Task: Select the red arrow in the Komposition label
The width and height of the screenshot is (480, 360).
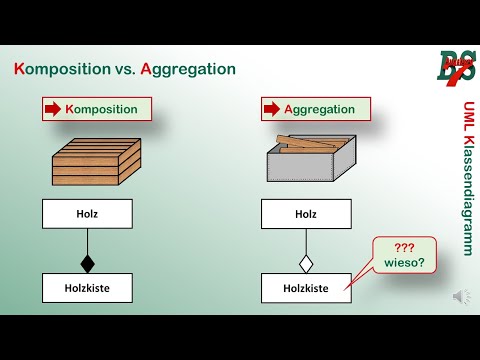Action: click(53, 109)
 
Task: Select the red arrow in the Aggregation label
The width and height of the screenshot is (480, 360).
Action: click(271, 109)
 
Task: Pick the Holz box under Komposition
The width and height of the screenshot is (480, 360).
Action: click(87, 213)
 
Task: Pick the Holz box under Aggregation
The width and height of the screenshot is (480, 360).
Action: click(306, 213)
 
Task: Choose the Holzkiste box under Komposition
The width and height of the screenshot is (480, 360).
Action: click(87, 288)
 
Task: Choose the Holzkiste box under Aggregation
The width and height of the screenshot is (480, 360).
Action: click(306, 288)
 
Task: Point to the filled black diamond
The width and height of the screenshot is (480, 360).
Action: click(87, 264)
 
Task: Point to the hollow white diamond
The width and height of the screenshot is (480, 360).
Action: click(306, 264)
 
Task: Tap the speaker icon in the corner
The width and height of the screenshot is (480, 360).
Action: click(461, 296)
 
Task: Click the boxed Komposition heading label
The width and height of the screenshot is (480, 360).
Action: click(97, 109)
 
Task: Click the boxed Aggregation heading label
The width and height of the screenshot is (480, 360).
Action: click(316, 109)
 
